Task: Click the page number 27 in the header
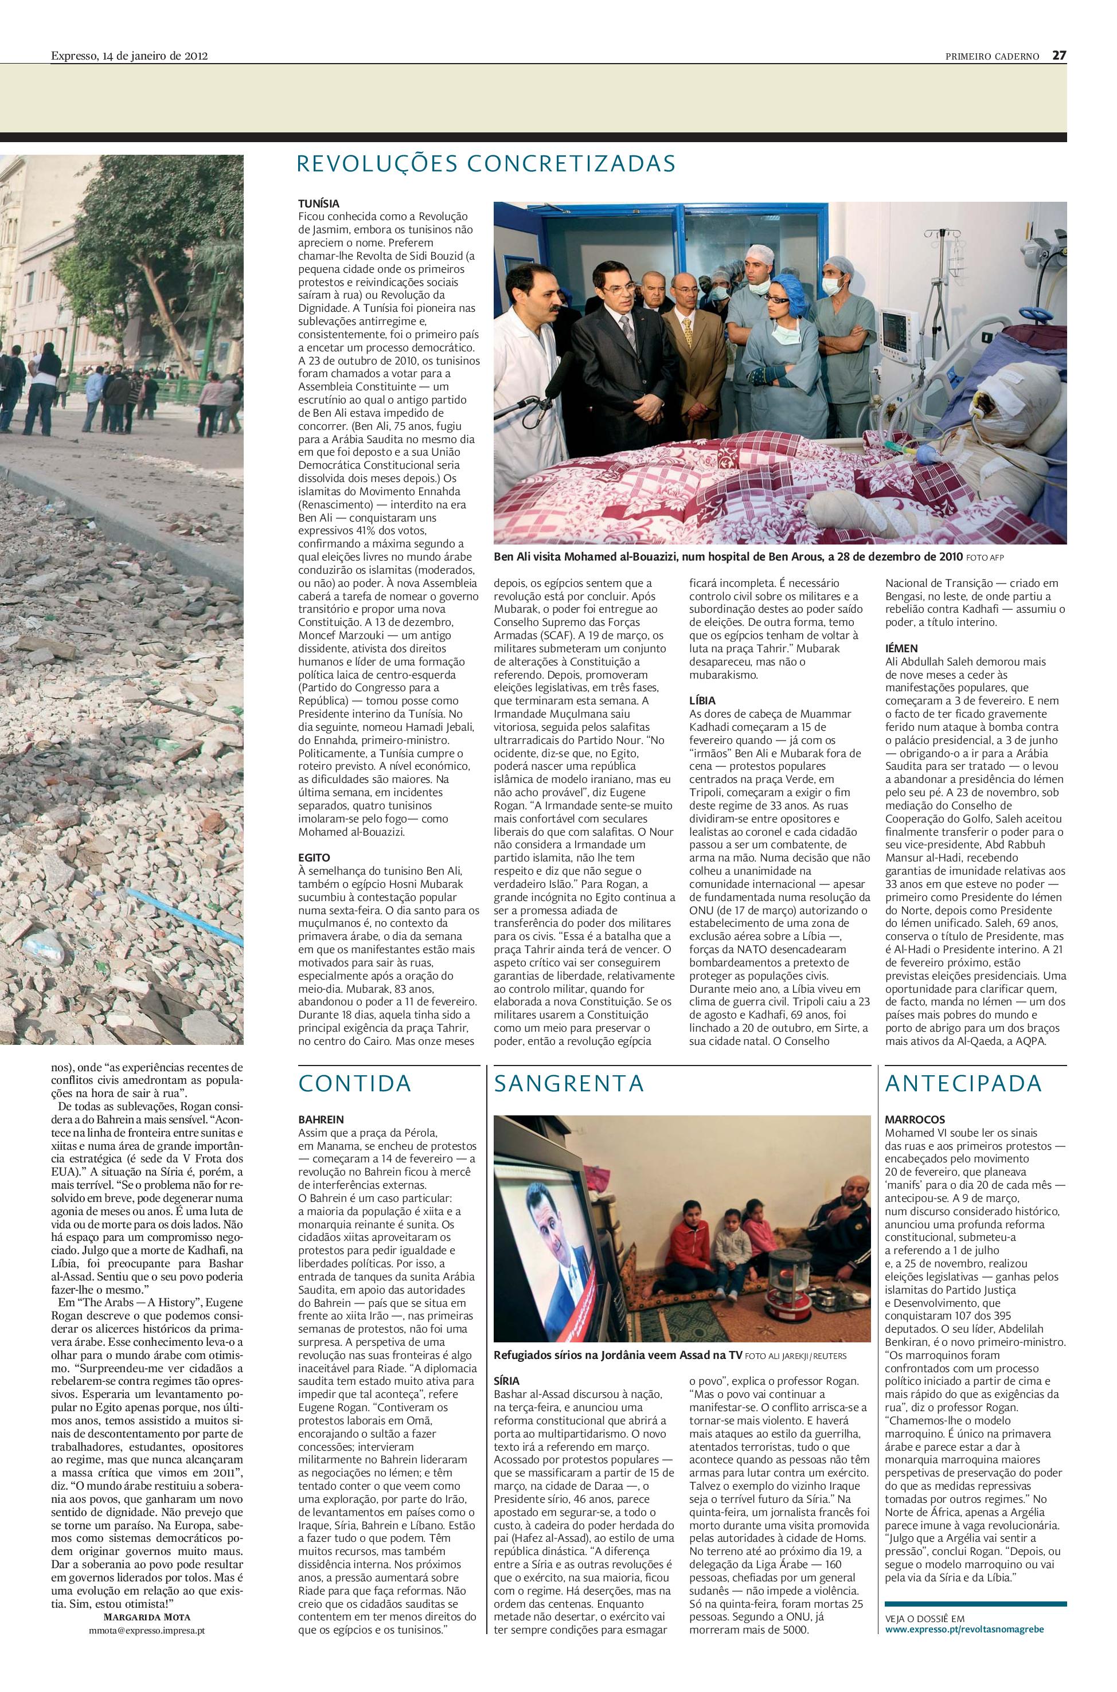(1059, 56)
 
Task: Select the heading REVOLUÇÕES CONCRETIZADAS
(486, 164)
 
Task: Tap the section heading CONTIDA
(355, 1083)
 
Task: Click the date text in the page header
(129, 56)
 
